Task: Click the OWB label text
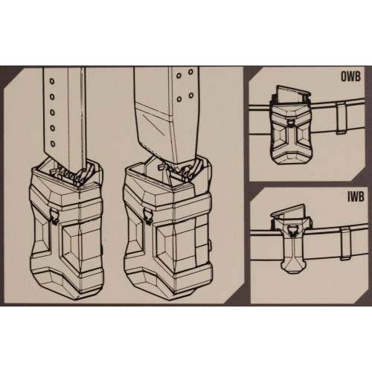(350, 77)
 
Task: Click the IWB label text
(355, 196)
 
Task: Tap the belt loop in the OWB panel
(341, 118)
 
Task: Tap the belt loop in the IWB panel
(346, 244)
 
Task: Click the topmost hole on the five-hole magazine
(52, 81)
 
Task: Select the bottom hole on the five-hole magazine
(52, 144)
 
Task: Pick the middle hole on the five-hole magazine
(52, 112)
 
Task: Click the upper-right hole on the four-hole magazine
(190, 72)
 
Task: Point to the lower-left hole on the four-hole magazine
(179, 99)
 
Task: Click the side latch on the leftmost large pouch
(54, 217)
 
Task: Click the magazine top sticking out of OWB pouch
(292, 95)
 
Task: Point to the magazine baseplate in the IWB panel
(289, 210)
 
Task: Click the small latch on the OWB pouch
(289, 121)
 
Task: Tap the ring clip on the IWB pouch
(292, 230)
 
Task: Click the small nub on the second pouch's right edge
(211, 245)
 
